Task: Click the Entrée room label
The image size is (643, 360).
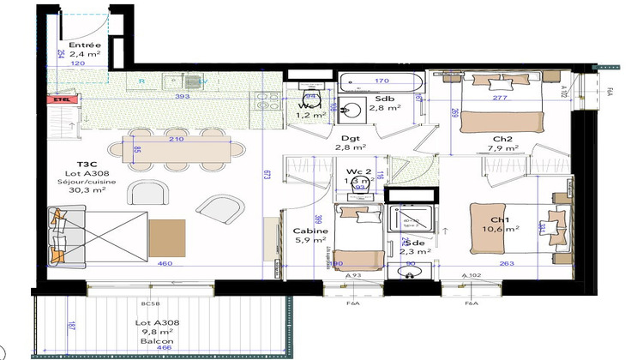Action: coord(85,45)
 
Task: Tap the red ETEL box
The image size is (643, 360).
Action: coord(60,99)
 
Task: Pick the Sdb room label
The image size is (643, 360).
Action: coord(385,98)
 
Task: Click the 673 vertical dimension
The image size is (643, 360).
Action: coord(267,176)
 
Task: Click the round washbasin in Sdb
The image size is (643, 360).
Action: coord(351,109)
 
